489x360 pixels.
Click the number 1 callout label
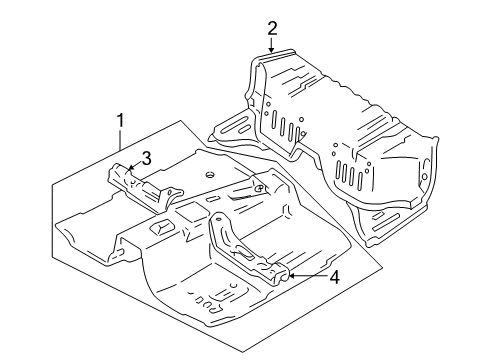tap(120, 121)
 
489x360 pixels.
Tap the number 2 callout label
tap(272, 28)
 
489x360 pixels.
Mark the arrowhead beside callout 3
tap(130, 169)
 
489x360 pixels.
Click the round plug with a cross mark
tap(258, 187)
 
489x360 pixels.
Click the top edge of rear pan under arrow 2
tap(272, 58)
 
